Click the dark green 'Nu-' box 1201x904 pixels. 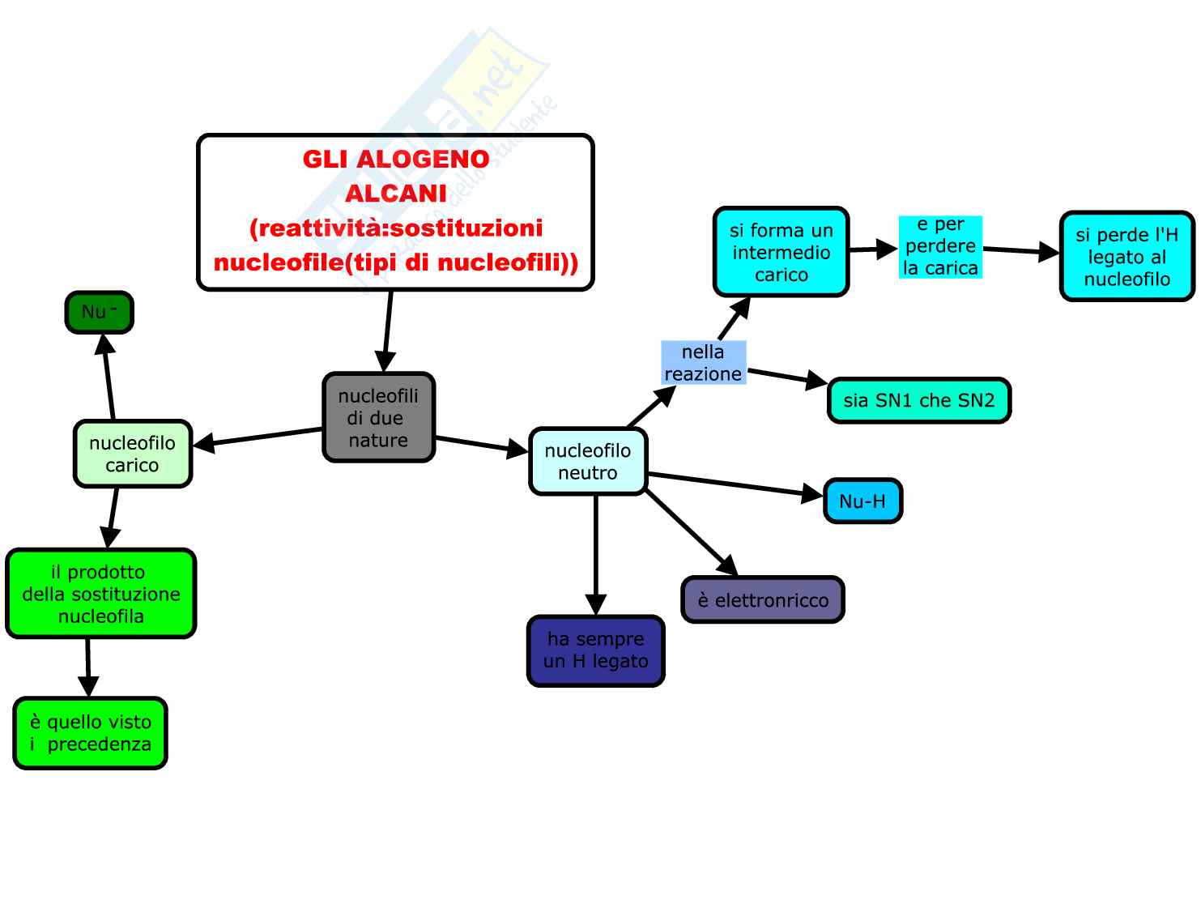point(99,313)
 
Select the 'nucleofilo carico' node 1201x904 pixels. point(132,454)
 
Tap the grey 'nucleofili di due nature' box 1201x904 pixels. point(378,417)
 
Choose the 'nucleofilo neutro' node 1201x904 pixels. point(588,461)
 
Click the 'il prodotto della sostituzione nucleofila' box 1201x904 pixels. point(101,594)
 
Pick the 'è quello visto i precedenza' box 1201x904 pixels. point(90,733)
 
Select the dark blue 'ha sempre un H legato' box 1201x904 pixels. point(595,650)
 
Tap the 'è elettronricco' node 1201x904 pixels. point(763,600)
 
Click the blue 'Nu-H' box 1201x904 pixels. point(862,501)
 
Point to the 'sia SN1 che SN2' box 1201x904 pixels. point(919,400)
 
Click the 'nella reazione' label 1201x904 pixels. point(703,363)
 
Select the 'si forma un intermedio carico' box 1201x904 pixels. point(781,252)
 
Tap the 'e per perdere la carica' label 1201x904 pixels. point(940,246)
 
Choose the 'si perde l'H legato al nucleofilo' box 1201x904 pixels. point(1126,257)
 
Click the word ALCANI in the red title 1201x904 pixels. point(396,194)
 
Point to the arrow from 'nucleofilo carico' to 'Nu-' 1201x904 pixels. point(108,377)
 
